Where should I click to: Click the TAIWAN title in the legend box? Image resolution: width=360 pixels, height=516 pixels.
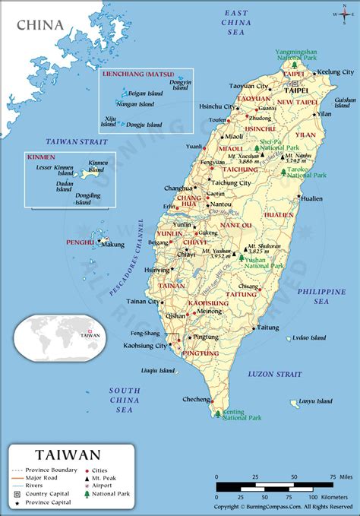tap(66, 454)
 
